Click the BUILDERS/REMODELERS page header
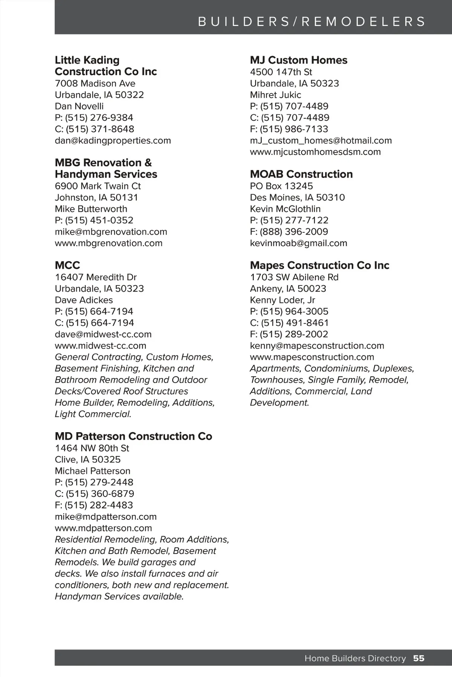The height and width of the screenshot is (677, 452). [312, 21]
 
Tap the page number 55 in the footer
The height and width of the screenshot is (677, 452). [418, 658]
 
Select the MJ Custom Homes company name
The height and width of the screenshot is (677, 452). [298, 60]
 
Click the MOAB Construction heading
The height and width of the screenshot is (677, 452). [301, 174]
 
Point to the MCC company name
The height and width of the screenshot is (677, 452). [67, 265]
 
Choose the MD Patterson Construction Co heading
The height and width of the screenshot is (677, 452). [133, 436]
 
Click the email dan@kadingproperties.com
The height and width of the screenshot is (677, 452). [113, 140]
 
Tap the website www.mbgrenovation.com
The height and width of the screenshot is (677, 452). [108, 243]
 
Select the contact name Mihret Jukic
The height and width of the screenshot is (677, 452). [275, 95]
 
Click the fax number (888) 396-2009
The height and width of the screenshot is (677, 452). [294, 232]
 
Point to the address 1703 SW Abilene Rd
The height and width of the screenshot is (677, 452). [294, 277]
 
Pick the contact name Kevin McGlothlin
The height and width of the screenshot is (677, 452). [285, 209]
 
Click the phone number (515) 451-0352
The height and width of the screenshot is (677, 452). [99, 220]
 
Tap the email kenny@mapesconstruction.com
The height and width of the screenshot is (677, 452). [317, 346]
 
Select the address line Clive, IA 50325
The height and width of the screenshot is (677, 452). [88, 460]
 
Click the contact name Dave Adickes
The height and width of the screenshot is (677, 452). [84, 300]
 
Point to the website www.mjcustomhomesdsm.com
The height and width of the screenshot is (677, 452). [315, 152]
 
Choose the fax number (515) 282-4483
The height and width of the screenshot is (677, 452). [99, 505]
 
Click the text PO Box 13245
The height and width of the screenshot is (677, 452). [281, 186]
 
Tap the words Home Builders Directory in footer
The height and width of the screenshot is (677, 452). [355, 658]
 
